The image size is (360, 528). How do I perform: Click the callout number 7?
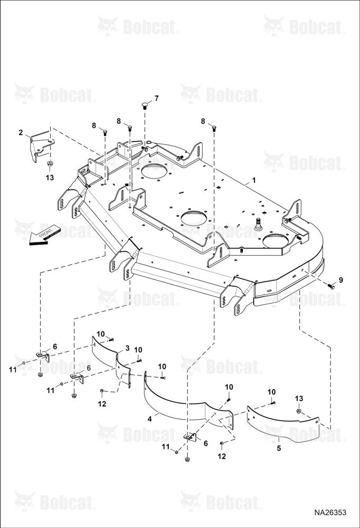point(156,98)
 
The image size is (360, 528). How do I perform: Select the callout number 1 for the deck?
point(254,180)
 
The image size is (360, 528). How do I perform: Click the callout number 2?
point(21,133)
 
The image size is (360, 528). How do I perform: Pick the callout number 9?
point(341,279)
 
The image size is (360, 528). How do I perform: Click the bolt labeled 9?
point(331,286)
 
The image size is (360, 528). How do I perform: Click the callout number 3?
point(127,348)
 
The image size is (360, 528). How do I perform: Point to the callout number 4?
point(150,419)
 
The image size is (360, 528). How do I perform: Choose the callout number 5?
point(279,448)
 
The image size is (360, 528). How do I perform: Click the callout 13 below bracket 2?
point(50,177)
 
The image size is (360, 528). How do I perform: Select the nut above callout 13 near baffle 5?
point(298,411)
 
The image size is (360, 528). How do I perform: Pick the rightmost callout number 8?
point(203,121)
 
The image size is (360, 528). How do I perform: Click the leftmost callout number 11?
point(13,370)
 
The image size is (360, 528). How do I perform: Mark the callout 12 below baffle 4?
point(222,456)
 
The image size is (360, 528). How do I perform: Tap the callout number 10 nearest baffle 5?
point(271,392)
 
